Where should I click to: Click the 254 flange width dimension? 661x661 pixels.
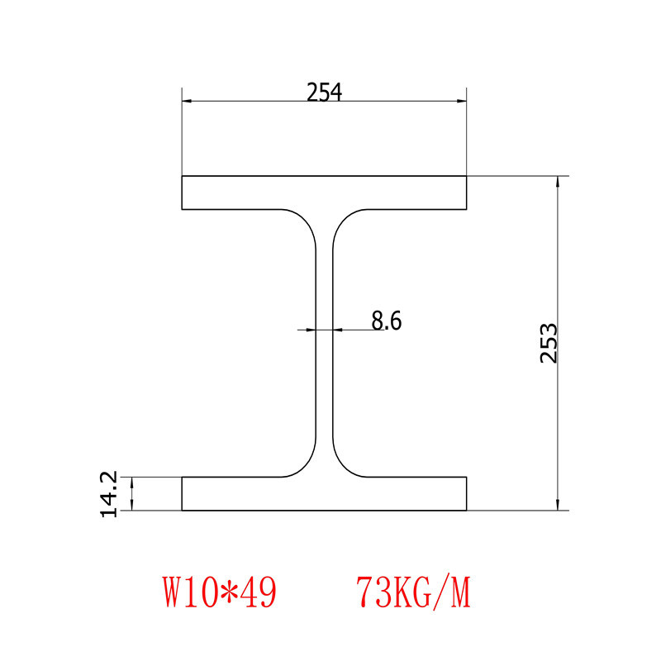pos(324,93)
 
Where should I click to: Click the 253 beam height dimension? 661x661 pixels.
pos(549,343)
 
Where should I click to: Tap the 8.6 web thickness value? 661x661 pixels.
pos(386,321)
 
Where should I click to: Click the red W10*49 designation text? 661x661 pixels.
pos(219,592)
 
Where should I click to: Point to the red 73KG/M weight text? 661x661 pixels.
pos(413,592)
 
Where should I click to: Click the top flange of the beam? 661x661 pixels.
pos(324,192)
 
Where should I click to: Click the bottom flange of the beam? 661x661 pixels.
pos(324,494)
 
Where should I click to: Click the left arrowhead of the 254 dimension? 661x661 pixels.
pos(187,101)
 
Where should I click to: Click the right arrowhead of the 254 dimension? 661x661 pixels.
pos(462,101)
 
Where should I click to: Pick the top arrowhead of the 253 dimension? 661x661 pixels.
pos(559,182)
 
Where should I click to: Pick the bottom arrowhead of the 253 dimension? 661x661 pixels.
pos(559,505)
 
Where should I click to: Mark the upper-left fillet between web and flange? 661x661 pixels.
pos(304,221)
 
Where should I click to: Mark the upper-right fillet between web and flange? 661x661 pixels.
pos(345,221)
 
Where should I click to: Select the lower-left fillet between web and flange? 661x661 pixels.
pos(304,465)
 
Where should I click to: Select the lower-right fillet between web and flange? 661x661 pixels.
pos(345,465)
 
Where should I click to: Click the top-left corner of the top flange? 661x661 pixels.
pos(183,176)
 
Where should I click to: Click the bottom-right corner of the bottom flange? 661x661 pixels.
pos(467,511)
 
